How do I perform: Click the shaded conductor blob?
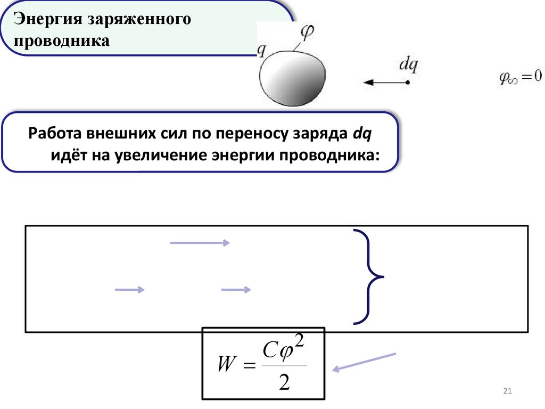coord(292,77)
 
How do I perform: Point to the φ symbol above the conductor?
coord(307,32)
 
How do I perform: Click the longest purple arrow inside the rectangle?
coord(200,243)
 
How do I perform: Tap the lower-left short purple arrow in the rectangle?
coord(130,290)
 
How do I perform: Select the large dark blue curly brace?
coord(368,276)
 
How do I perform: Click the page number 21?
coord(507,392)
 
